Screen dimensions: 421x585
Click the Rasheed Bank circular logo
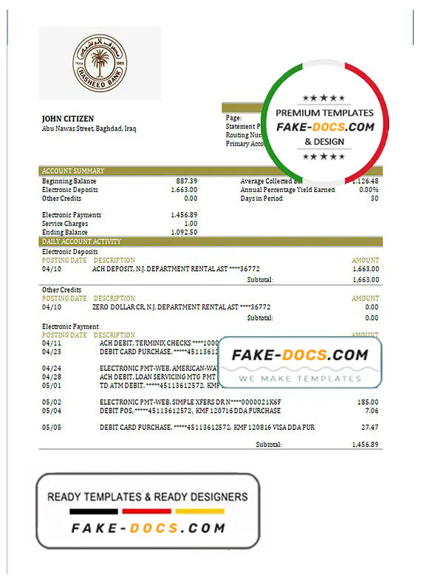click(x=100, y=64)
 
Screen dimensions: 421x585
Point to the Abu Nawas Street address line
click(x=89, y=129)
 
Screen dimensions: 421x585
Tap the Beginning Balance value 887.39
click(x=186, y=181)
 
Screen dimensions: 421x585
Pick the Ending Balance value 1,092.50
click(x=184, y=233)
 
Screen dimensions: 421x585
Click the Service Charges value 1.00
click(x=191, y=224)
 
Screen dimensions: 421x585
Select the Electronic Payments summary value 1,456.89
click(x=184, y=215)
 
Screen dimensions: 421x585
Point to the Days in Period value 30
click(x=374, y=199)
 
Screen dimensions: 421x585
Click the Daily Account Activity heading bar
click(x=82, y=242)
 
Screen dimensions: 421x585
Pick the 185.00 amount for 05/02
click(x=369, y=402)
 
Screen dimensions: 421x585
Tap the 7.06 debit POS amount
click(x=372, y=411)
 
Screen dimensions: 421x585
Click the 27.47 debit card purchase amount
click(x=370, y=428)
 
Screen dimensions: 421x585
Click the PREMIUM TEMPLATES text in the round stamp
click(x=324, y=113)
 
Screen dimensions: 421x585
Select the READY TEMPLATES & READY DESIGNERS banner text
click(x=148, y=497)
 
